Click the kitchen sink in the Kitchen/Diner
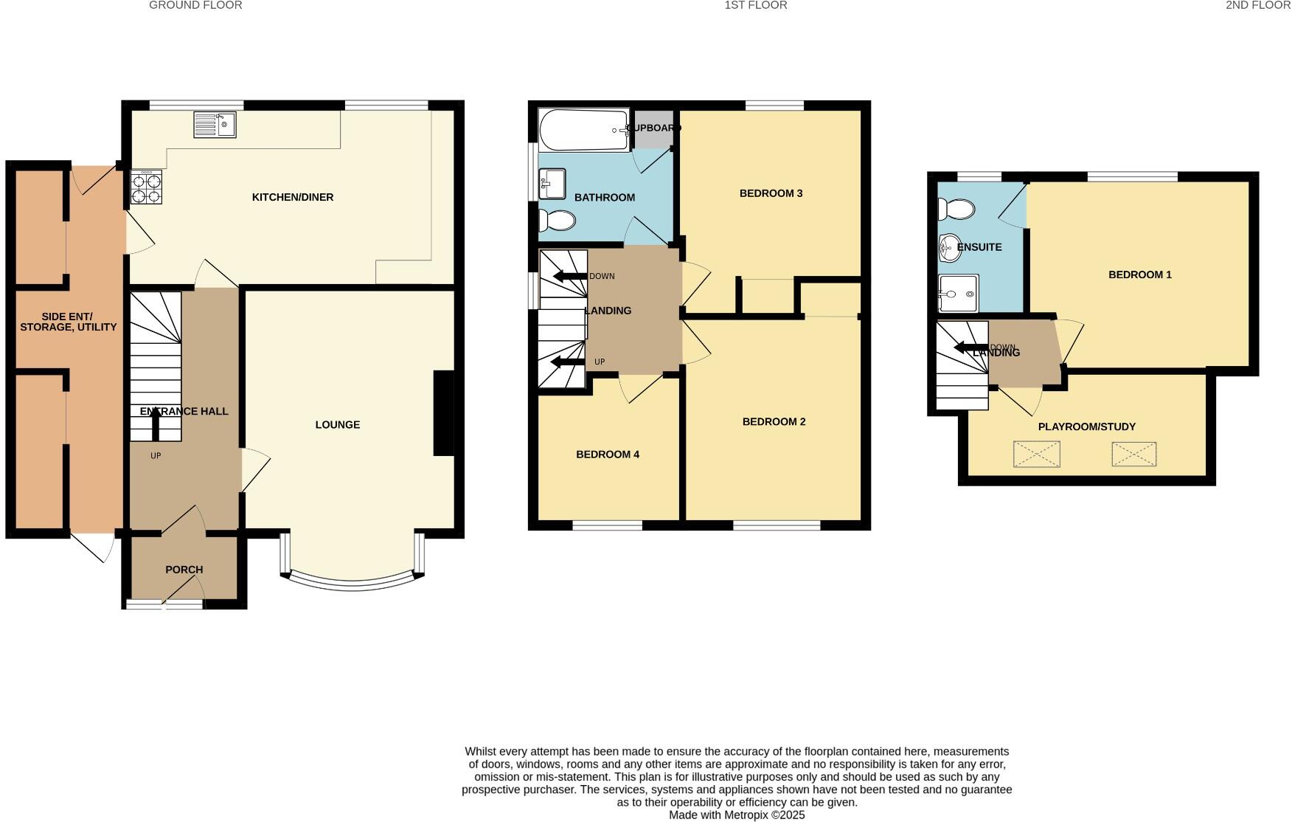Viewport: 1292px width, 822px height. (x=215, y=125)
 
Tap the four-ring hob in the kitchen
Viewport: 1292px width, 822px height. (x=146, y=187)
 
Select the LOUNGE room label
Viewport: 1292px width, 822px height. (x=338, y=425)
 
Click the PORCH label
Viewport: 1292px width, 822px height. (x=184, y=570)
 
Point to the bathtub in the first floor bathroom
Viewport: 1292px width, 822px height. (x=583, y=131)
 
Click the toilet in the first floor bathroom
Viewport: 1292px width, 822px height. (x=558, y=220)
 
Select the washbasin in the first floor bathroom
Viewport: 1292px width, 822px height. (x=552, y=183)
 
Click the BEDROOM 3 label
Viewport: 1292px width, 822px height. (x=771, y=193)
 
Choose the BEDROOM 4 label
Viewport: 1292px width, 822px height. (x=608, y=455)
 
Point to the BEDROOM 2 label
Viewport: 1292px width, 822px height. (x=774, y=422)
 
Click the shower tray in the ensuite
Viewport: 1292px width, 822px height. (x=959, y=294)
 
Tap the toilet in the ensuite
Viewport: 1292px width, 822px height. (x=956, y=210)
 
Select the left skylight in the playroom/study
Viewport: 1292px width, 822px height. (x=1036, y=455)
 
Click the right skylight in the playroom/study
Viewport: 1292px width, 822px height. (x=1133, y=455)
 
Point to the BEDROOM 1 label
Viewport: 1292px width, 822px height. (x=1139, y=274)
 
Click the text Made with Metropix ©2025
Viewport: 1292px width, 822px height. (x=736, y=815)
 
